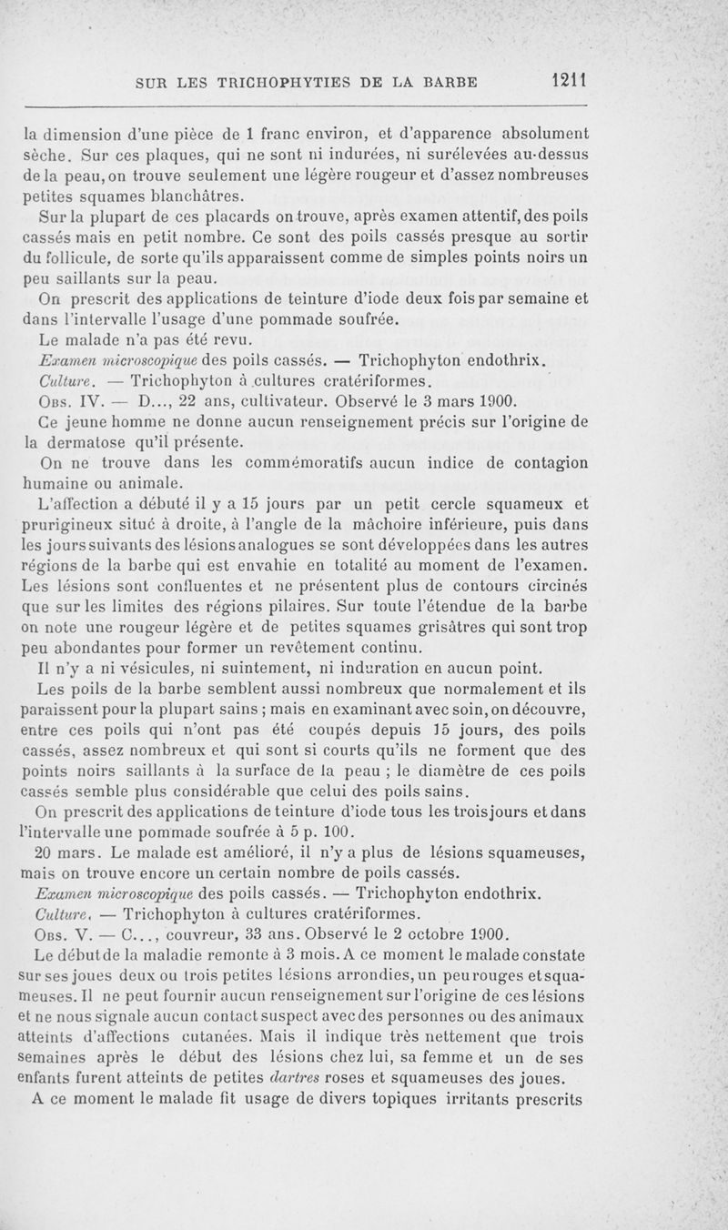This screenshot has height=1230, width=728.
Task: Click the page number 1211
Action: click(568, 82)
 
